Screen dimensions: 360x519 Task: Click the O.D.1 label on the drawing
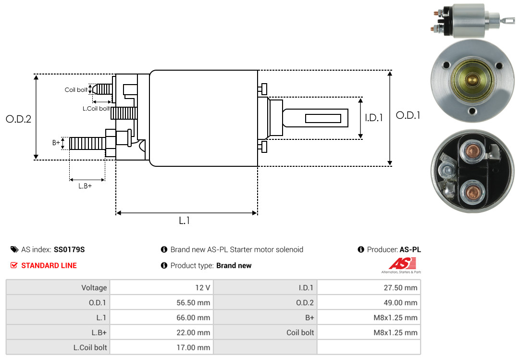[x=408, y=115]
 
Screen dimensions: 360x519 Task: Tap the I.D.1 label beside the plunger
[x=373, y=117]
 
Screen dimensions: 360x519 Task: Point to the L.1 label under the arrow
[x=185, y=221]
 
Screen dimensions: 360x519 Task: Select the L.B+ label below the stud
[x=85, y=186]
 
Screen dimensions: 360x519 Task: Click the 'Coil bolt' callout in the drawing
[x=76, y=90]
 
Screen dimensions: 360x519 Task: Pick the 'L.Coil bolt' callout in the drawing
[x=96, y=109]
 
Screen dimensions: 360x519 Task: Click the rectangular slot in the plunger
[x=323, y=118]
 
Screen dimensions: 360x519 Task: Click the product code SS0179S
[x=69, y=249]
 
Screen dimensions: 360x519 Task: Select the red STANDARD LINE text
[x=49, y=265]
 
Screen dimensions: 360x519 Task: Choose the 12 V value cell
[x=161, y=287]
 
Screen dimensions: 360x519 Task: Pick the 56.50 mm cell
[x=161, y=302]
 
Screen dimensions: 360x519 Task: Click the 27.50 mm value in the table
[x=369, y=287]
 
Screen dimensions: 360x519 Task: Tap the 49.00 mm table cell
[x=369, y=302]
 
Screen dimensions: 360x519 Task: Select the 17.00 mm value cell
[x=161, y=347]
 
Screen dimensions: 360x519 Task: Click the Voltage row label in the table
[x=58, y=287]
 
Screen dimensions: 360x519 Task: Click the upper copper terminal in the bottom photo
[x=472, y=153]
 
